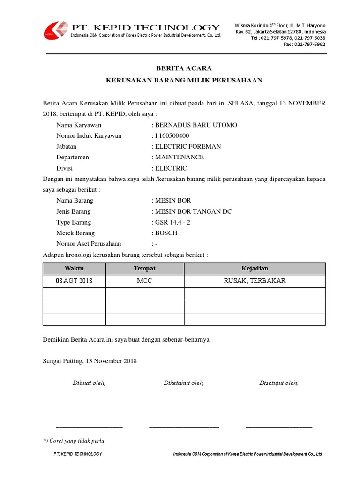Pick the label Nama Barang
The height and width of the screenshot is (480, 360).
75,201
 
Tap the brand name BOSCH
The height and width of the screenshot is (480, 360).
166,233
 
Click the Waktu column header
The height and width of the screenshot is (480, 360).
74,269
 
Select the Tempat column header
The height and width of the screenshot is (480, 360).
144,269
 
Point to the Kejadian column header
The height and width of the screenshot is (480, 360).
255,269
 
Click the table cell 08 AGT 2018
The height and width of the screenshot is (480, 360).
74,281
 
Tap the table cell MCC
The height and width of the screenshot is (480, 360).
144,281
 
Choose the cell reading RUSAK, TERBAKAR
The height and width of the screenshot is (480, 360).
255,281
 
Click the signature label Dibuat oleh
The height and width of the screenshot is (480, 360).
89,383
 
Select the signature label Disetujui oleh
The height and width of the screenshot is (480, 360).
278,383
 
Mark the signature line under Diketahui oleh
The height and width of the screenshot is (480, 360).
184,426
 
